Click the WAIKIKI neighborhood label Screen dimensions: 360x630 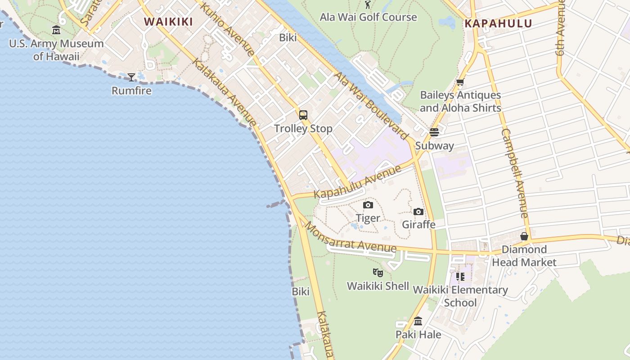[x=168, y=22]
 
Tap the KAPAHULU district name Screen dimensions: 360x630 [x=498, y=23]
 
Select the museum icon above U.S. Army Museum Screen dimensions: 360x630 [x=56, y=30]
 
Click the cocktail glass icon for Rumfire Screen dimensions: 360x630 [x=131, y=77]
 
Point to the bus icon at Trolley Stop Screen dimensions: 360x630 [x=303, y=115]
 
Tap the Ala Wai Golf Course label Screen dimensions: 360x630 [x=368, y=17]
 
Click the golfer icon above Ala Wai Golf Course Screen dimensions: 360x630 [x=368, y=4]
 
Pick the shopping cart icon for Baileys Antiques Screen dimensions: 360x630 [x=460, y=82]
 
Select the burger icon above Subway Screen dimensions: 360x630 [x=434, y=132]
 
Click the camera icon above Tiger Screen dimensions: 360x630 [x=368, y=205]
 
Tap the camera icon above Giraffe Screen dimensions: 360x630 [x=418, y=211]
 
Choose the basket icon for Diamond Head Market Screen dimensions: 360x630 [x=524, y=236]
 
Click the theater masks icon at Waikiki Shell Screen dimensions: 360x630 [x=378, y=272]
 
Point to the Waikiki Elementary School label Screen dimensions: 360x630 [x=460, y=296]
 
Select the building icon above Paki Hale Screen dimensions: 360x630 [x=418, y=321]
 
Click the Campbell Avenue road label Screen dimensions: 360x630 [x=514, y=173]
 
